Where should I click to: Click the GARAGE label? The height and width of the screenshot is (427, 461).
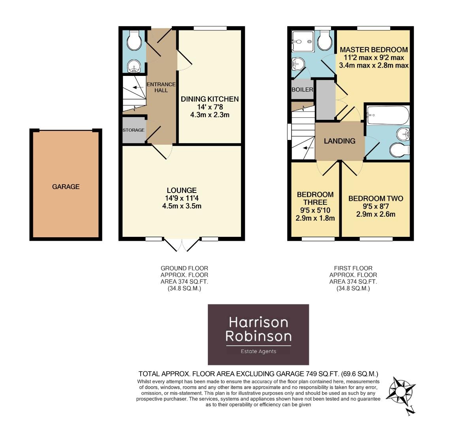pyautogui.click(x=66, y=187)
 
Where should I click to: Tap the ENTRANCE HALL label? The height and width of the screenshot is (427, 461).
pyautogui.click(x=161, y=87)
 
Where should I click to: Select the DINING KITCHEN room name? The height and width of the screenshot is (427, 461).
pyautogui.click(x=210, y=99)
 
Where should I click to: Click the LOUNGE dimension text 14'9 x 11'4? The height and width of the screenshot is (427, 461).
pyautogui.click(x=181, y=198)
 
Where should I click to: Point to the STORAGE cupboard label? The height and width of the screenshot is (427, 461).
pyautogui.click(x=134, y=130)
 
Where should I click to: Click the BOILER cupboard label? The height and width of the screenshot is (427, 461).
pyautogui.click(x=302, y=90)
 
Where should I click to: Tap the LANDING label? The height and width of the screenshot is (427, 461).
pyautogui.click(x=339, y=141)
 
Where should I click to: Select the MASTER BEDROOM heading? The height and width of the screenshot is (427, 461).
pyautogui.click(x=374, y=50)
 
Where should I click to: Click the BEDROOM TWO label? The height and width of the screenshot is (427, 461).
pyautogui.click(x=376, y=198)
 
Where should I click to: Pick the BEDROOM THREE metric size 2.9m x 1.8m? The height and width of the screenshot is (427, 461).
pyautogui.click(x=315, y=218)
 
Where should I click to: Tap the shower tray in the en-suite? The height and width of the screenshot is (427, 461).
pyautogui.click(x=302, y=42)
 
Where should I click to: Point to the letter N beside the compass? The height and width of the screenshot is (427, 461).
pyautogui.click(x=410, y=410)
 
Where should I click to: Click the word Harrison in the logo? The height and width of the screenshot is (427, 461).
pyautogui.click(x=258, y=322)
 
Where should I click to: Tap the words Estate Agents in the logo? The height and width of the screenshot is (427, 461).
pyautogui.click(x=258, y=351)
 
